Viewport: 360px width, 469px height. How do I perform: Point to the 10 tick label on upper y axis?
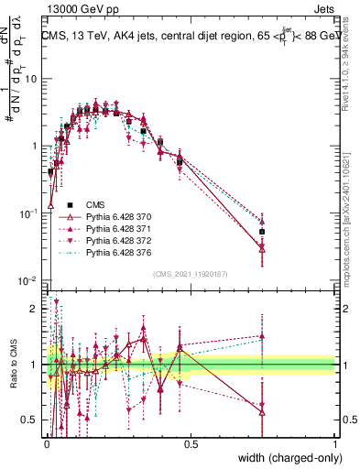click(31, 78)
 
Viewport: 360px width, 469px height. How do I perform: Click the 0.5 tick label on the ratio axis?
click(31, 420)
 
